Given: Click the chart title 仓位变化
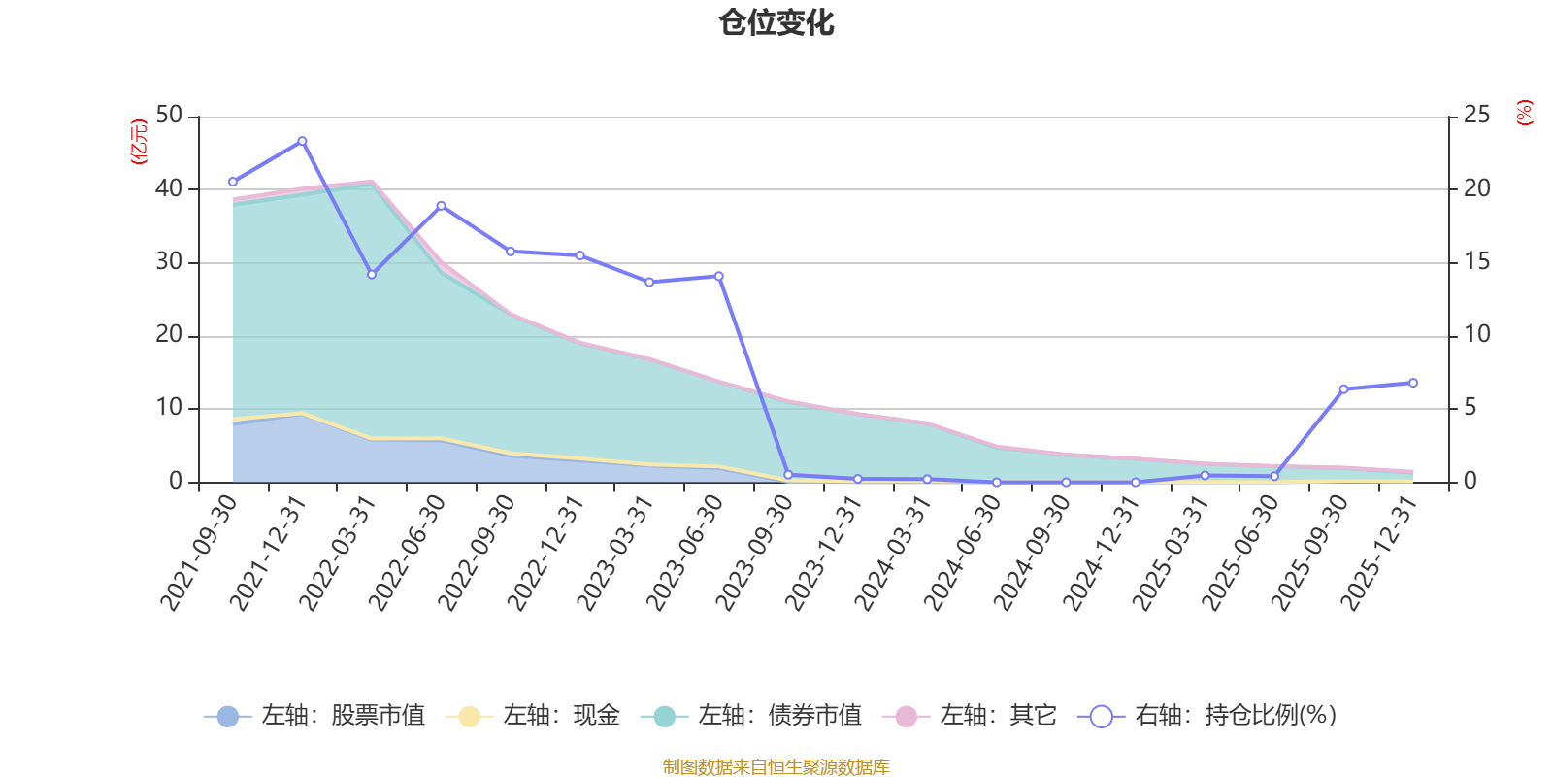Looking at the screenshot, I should coord(776,22).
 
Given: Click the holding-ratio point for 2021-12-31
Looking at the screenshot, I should coord(302,141).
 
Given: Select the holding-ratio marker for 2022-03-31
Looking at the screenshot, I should coord(372,275).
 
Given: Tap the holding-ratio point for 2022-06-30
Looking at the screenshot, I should coord(441,206).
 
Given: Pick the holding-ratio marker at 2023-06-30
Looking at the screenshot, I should coord(718,277).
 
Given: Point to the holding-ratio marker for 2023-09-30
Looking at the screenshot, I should coord(788,475).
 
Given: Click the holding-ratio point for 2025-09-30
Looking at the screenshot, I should coord(1343,389).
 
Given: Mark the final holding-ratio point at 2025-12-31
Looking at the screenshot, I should coord(1413,383).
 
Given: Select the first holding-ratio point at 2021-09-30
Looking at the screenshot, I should coord(233,182).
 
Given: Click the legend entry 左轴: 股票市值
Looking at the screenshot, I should coord(315,717).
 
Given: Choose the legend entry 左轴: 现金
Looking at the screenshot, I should coord(533,717).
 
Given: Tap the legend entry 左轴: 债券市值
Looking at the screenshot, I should coord(751,717).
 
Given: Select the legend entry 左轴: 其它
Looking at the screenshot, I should coord(970,717).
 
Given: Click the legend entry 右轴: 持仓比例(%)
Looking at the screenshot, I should coord(1207,717).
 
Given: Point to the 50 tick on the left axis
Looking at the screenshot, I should coord(169,116).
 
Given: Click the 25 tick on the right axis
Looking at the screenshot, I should coord(1476,116).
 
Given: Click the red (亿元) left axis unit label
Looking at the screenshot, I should coord(139,142).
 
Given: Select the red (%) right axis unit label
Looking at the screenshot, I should coord(1525,113).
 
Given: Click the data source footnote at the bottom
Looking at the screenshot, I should coord(776,767).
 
